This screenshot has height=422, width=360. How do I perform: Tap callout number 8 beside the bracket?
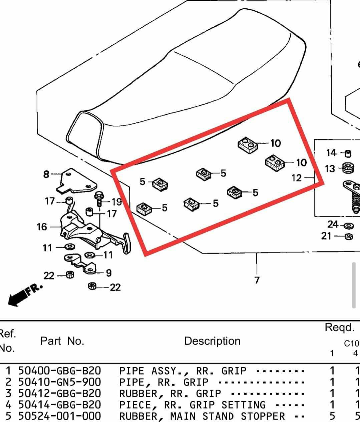[46, 174]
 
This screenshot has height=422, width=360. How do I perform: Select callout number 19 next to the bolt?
[117, 202]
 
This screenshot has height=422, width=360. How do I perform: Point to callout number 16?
[42, 227]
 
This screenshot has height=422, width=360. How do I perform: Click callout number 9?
[109, 273]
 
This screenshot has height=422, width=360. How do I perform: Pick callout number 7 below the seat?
[257, 280]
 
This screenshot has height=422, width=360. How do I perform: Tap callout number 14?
[331, 153]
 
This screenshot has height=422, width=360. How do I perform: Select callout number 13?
[330, 169]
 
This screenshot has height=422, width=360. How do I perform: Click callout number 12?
[297, 178]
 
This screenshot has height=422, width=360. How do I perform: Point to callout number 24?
[333, 225]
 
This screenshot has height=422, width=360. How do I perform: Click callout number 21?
[326, 236]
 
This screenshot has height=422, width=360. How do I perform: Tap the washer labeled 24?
[349, 226]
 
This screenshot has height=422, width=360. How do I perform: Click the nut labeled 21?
[349, 237]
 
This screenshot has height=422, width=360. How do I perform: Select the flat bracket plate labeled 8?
[77, 181]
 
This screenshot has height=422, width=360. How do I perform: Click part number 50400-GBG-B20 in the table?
[60, 371]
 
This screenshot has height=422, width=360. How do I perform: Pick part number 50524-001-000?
[60, 416]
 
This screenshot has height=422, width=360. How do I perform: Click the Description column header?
[213, 341]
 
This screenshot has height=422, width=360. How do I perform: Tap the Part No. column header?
[62, 341]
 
